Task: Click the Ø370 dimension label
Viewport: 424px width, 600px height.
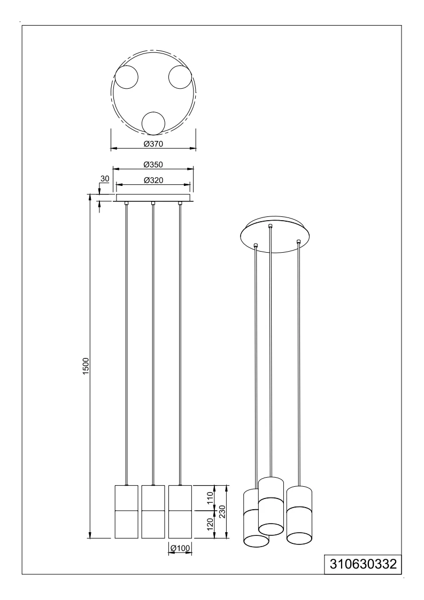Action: (x=153, y=144)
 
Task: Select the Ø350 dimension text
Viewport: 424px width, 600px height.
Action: (x=153, y=165)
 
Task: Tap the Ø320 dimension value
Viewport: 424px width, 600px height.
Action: (x=153, y=180)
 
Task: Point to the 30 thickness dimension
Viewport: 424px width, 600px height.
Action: (x=105, y=178)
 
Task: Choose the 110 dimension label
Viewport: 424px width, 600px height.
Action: (x=210, y=500)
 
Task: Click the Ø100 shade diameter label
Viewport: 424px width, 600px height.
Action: (x=180, y=549)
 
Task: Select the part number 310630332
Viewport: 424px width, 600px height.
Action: (x=363, y=564)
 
